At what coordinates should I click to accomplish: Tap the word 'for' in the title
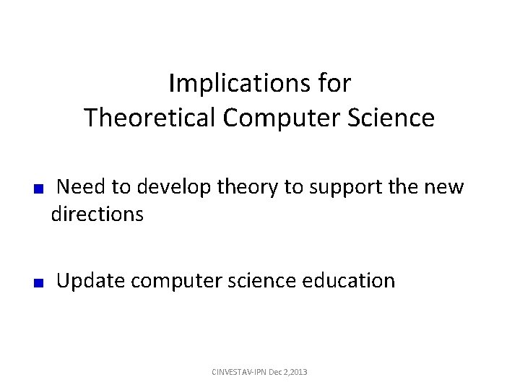click(x=334, y=84)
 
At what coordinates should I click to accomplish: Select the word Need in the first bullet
click(x=82, y=188)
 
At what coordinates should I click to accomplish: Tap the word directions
click(x=97, y=214)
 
